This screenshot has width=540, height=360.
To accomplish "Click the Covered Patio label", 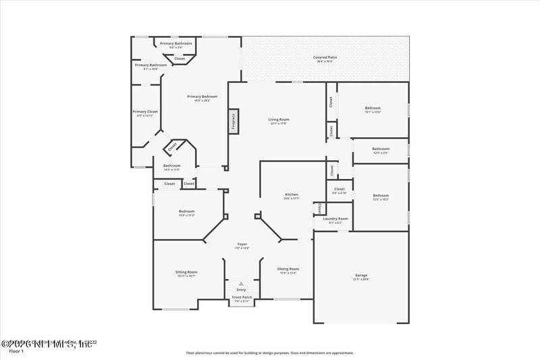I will (325, 57).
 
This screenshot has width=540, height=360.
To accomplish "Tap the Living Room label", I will (279, 120).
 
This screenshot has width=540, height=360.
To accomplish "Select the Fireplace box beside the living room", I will (234, 121).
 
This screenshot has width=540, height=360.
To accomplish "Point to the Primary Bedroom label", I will (202, 97).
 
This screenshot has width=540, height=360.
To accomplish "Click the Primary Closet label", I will (145, 111).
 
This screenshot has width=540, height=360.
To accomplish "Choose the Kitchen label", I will (291, 195).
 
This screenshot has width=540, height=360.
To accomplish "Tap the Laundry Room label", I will (335, 218).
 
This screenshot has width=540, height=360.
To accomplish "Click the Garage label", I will (361, 275).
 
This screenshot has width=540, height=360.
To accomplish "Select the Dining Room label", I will (288, 269).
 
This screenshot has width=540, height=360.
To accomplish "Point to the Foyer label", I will (242, 244).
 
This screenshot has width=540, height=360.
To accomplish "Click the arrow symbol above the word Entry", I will (241, 284).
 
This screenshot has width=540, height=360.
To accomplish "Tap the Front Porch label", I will (242, 297).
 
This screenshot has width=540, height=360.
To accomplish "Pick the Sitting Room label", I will (186, 272).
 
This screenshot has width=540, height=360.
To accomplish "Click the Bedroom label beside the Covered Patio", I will (373, 108).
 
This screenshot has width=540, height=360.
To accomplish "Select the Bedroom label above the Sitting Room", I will (186, 211).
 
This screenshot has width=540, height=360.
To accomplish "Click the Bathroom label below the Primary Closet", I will (171, 165).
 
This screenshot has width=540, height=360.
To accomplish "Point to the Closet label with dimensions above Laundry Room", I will (340, 189).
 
